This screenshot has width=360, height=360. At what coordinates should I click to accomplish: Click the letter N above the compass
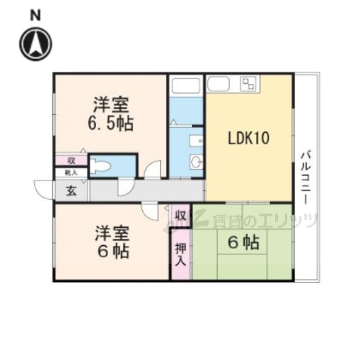tap(35, 16)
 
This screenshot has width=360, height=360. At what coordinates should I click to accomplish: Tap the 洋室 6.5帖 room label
tap(112, 114)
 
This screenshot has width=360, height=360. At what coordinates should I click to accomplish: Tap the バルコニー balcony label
tap(305, 177)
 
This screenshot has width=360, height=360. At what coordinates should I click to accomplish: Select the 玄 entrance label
tap(71, 191)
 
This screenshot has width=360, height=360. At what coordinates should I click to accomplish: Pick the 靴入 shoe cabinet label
tap(71, 173)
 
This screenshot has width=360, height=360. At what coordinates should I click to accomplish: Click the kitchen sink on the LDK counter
tap(218, 84)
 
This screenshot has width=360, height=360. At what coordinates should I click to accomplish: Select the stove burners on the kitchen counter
tap(247, 84)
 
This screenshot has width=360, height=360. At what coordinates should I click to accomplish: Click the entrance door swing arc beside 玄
tap(43, 188)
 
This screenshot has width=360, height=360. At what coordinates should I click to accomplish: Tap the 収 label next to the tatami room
tap(180, 215)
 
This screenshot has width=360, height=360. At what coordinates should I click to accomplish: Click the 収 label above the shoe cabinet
tap(71, 160)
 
